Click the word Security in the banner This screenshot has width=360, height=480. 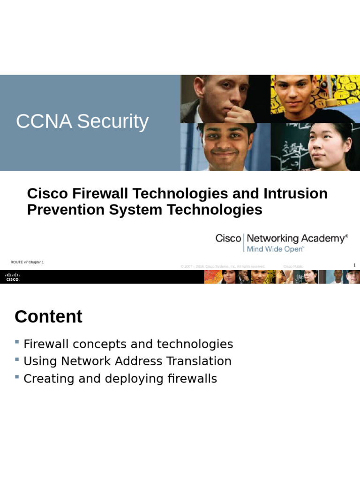112,121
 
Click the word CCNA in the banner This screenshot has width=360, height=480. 44,121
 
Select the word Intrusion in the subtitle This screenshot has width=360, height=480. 295,194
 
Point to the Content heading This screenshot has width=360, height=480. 48,317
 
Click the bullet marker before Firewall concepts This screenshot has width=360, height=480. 17,342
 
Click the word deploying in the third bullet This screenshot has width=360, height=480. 132,379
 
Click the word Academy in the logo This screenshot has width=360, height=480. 323,239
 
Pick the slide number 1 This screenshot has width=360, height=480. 354,266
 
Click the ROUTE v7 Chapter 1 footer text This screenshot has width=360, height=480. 27,262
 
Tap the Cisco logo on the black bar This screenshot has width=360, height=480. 13,277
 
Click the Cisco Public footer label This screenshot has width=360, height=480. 293,266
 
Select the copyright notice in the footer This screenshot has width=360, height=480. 223,266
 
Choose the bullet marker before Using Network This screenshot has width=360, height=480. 17,360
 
